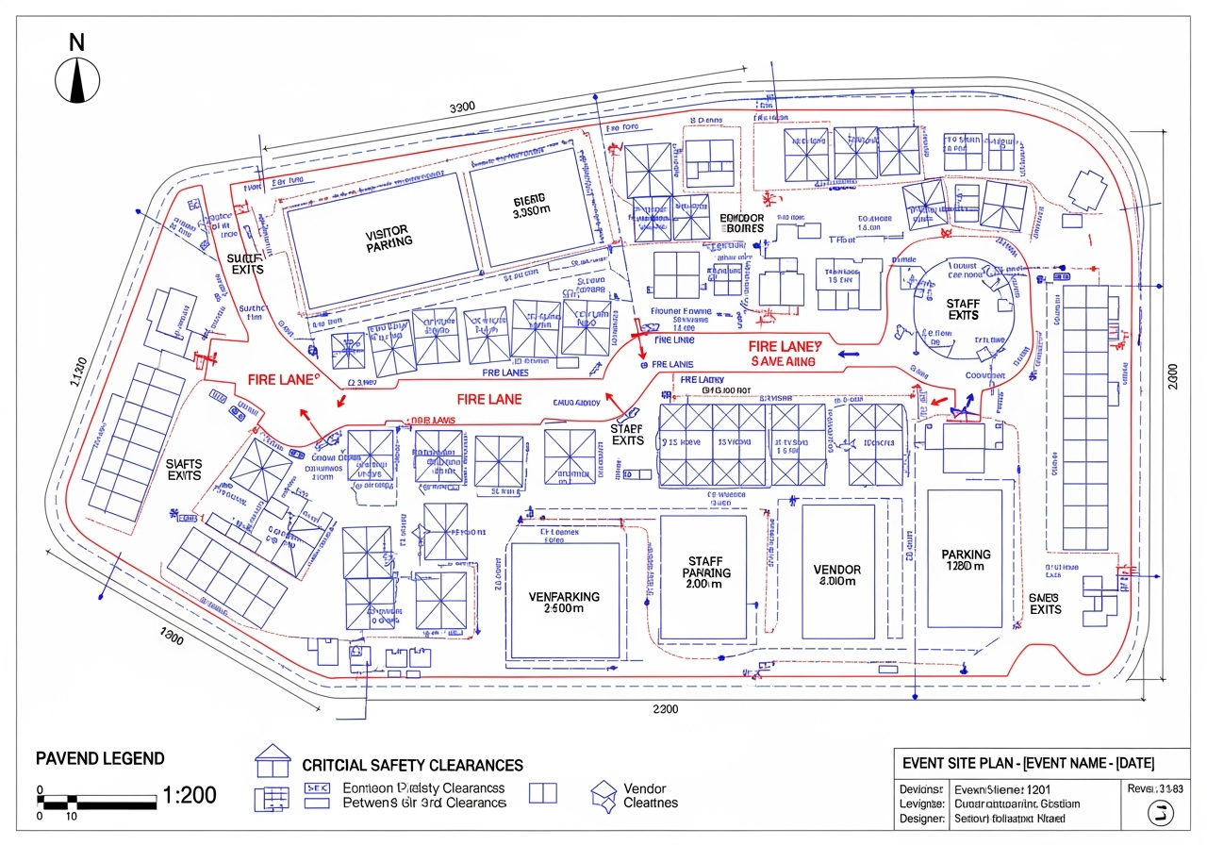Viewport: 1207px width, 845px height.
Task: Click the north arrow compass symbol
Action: coord(77,79)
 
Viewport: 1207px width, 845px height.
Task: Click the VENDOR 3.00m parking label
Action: coord(836,575)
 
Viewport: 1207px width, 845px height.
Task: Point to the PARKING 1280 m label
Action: coord(966,560)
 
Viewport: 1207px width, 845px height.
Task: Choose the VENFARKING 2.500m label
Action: coord(564,603)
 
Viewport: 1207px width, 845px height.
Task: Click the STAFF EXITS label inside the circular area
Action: coord(963,308)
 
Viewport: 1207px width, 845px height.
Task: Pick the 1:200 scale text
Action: coord(190,795)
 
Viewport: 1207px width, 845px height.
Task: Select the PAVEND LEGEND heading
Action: coord(99,758)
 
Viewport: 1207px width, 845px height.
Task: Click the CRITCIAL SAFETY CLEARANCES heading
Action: coord(412,765)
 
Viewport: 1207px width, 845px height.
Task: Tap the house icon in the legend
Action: coord(273,759)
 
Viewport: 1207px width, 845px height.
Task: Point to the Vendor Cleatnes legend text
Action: coord(650,795)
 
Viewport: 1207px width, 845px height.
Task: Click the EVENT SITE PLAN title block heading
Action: coord(1028,763)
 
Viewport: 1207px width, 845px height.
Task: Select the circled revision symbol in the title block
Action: coord(1159,813)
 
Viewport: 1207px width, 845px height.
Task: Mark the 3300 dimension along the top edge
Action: coord(462,107)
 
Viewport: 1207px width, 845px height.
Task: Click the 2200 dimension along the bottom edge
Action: coord(665,709)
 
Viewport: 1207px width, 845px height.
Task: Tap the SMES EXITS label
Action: coord(1045,604)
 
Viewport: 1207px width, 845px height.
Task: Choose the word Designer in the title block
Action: coord(922,819)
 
